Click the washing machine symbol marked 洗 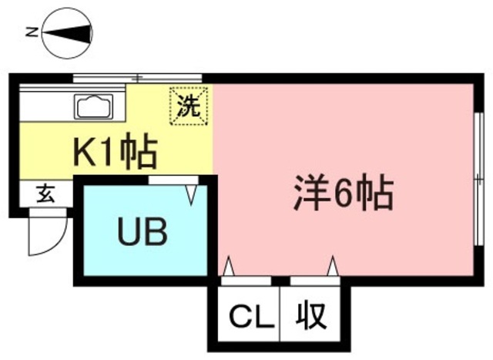189,106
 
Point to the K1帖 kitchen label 116,153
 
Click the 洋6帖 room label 344,195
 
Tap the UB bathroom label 143,231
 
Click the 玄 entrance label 45,194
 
